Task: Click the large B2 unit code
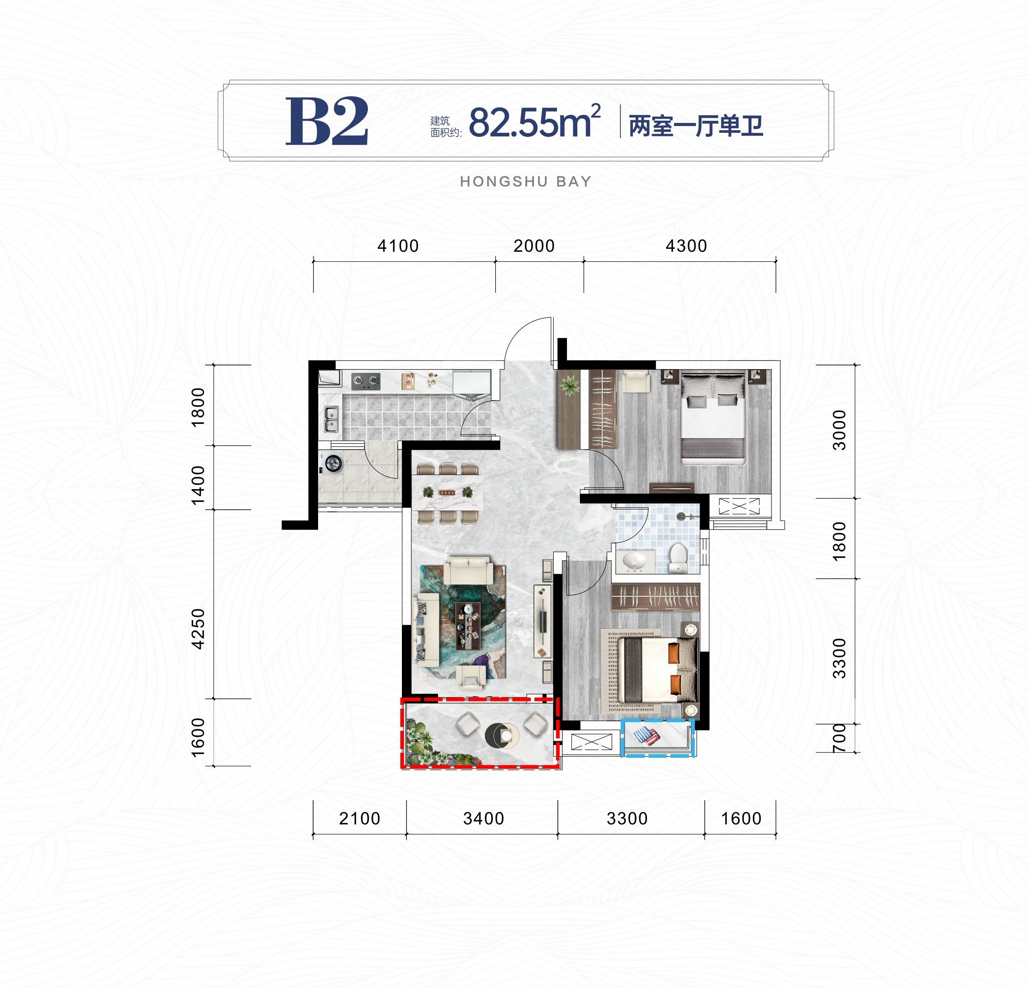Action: pyautogui.click(x=326, y=121)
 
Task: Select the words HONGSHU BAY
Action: pyautogui.click(x=525, y=182)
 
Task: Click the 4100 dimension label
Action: pyautogui.click(x=398, y=246)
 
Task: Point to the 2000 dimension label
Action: pyautogui.click(x=534, y=246)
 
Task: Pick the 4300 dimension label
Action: pyautogui.click(x=686, y=246)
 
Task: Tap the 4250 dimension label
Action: pyautogui.click(x=198, y=629)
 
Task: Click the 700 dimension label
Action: pyautogui.click(x=839, y=737)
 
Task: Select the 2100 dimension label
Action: pyautogui.click(x=359, y=818)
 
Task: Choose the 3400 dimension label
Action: pyautogui.click(x=484, y=818)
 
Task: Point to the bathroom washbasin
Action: pyautogui.click(x=634, y=562)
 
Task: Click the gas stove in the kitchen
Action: pyautogui.click(x=365, y=381)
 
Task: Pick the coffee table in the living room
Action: pyautogui.click(x=468, y=626)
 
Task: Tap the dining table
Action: pyautogui.click(x=447, y=492)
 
